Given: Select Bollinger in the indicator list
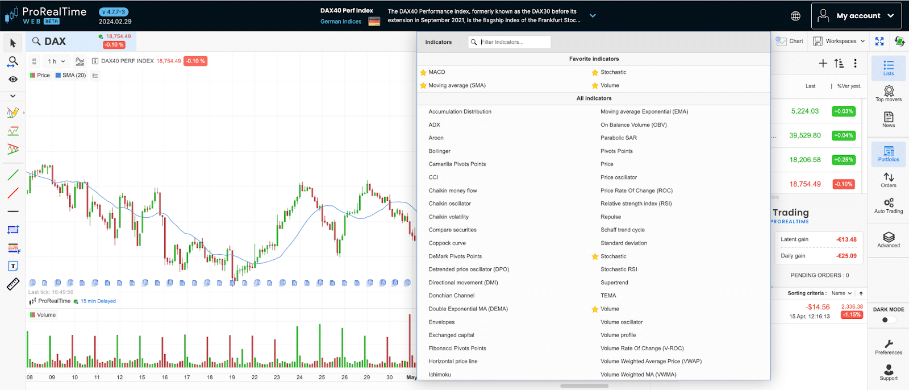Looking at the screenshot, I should (439, 151).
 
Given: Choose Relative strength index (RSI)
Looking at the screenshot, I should (636, 204).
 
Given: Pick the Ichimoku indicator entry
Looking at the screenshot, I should (439, 375).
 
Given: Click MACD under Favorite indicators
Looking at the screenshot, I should (436, 72).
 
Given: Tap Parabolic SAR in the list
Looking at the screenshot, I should (618, 138).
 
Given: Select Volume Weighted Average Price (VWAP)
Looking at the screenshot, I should (651, 362).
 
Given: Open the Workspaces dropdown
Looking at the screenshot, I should (839, 41).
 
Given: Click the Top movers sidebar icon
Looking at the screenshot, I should (889, 92).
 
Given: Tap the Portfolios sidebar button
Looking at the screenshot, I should (889, 153).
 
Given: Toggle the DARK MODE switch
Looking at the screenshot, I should (888, 320).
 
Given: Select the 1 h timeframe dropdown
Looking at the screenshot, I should (56, 61).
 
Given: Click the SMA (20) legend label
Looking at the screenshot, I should (74, 75).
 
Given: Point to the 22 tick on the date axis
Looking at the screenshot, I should (255, 377).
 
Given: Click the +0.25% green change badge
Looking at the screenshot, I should (844, 160).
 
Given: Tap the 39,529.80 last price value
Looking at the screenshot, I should (804, 135).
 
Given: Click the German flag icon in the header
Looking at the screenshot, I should (374, 22).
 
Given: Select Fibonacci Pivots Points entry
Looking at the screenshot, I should (457, 348).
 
